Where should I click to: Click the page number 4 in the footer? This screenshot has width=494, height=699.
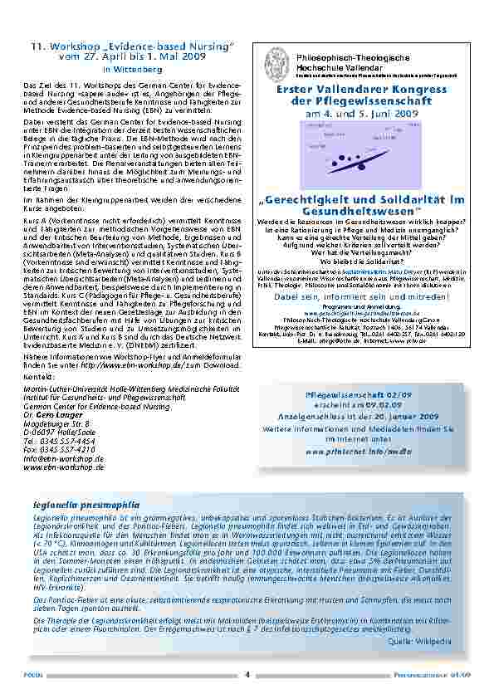(247, 674)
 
